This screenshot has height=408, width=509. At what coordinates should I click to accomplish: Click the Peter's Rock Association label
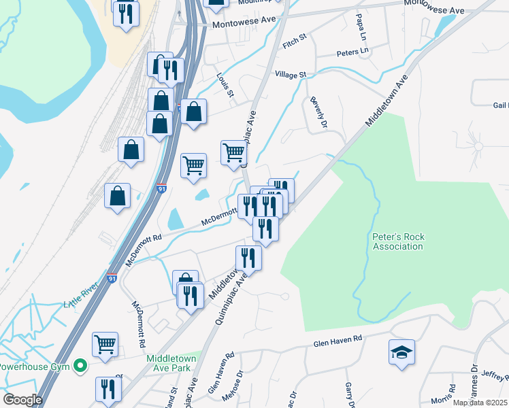(398, 241)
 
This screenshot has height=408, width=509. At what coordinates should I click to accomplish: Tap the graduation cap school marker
(401, 353)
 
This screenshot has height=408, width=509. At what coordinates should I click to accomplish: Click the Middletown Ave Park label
(171, 362)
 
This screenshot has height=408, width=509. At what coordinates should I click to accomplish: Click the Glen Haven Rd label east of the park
(335, 343)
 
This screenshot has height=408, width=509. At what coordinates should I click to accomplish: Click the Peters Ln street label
(352, 52)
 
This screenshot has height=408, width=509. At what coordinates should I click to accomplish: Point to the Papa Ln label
(363, 26)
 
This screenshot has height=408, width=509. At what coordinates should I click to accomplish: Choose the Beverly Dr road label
(319, 113)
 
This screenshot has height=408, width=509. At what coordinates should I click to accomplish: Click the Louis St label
(225, 86)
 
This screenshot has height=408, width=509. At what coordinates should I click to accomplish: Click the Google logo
(22, 400)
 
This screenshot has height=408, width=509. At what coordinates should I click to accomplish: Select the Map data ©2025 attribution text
(480, 403)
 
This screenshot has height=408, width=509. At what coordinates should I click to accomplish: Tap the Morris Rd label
(443, 398)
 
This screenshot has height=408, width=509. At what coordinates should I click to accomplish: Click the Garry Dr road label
(350, 394)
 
